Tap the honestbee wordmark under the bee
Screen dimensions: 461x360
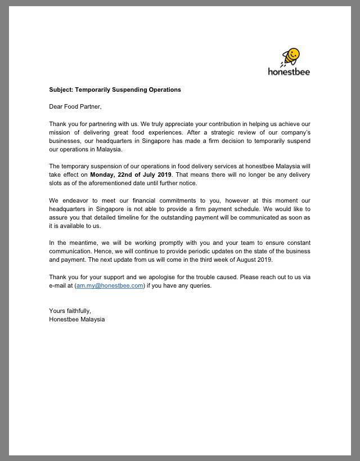[x=289, y=71]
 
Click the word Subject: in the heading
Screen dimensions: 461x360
[x=61, y=89]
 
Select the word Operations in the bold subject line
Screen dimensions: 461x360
[x=164, y=89]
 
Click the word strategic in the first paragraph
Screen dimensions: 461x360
[x=216, y=132]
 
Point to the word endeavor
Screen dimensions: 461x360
[x=77, y=200]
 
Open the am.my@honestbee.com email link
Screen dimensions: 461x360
[x=110, y=285]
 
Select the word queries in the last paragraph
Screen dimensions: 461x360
[x=200, y=285]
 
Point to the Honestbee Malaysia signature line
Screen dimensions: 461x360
[x=76, y=319]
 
